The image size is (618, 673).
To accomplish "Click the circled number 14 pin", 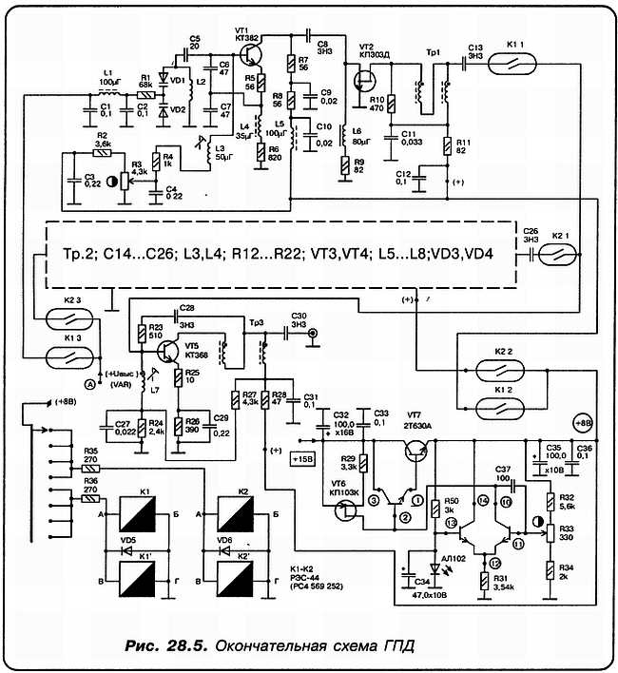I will [x=482, y=499].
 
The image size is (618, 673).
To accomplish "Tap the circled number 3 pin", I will [x=375, y=498].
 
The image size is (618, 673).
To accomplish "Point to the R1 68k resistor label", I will [x=146, y=84].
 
